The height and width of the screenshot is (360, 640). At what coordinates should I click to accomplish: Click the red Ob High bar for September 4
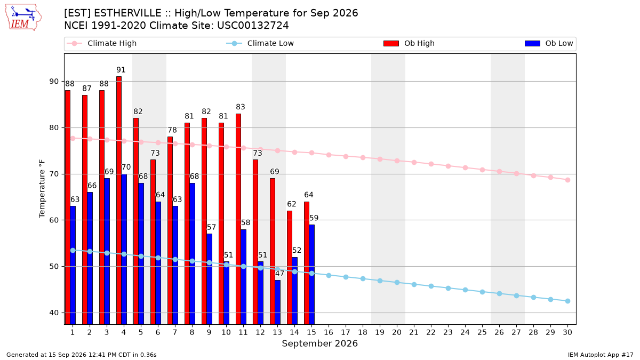click(119, 201)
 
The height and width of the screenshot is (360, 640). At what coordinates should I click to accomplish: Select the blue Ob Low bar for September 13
click(278, 302)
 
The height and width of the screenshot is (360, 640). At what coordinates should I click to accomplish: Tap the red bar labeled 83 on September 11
click(238, 219)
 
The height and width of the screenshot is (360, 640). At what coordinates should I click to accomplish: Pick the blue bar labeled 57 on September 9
click(210, 279)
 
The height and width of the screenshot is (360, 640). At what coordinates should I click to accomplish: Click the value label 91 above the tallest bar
click(121, 70)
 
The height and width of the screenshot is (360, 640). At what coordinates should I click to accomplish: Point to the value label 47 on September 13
click(279, 274)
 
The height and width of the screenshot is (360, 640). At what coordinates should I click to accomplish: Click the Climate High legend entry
click(102, 43)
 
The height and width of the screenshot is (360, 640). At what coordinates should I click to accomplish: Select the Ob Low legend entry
click(549, 43)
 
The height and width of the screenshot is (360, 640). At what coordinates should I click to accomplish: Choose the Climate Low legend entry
click(260, 43)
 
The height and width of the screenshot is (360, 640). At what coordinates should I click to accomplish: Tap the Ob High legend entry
click(409, 43)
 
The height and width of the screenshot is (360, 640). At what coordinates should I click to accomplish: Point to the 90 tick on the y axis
click(54, 82)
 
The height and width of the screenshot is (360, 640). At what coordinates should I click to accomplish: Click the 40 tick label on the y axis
click(54, 313)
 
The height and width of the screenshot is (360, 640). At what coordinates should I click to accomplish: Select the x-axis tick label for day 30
click(567, 332)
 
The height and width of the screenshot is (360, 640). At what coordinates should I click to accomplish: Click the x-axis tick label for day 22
click(431, 332)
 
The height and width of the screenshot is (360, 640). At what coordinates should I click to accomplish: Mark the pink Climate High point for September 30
click(567, 180)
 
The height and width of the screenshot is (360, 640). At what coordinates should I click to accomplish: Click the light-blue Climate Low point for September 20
click(397, 283)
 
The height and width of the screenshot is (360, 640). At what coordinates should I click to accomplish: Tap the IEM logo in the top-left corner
click(23, 18)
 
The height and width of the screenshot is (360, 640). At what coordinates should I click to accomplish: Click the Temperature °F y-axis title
click(42, 189)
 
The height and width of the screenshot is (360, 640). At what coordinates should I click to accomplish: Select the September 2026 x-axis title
click(319, 343)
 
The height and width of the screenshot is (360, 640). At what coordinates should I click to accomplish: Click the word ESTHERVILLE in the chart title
click(127, 13)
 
